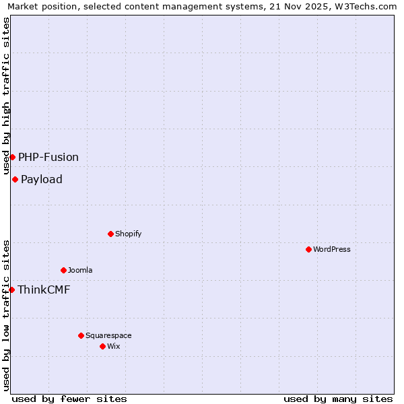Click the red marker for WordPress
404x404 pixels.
[308, 249]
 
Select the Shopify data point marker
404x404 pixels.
[110, 234]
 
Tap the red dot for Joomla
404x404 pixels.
[63, 270]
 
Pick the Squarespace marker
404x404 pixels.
[81, 335]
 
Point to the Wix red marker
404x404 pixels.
[102, 346]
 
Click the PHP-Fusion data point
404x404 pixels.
[12, 157]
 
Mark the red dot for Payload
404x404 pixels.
[15, 179]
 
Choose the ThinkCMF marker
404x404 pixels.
[11, 290]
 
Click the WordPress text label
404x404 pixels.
[332, 249]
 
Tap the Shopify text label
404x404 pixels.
[128, 234]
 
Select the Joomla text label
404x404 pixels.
[80, 270]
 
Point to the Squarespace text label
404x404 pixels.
[108, 335]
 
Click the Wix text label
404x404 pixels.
[113, 346]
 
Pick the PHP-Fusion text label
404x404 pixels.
[48, 157]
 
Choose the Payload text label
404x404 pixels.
[42, 179]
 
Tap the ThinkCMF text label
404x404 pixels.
[44, 290]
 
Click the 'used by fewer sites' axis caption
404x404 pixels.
[69, 399]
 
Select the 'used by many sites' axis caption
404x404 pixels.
[338, 399]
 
